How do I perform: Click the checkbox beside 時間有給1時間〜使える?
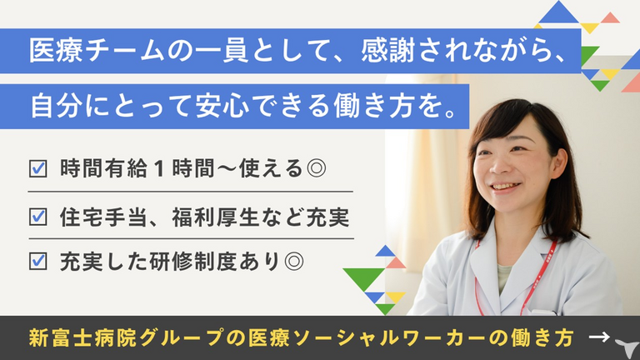(x=38, y=168)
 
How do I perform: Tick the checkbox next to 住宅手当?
(x=38, y=217)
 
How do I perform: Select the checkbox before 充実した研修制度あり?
(x=38, y=261)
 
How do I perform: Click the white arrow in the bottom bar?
(x=599, y=337)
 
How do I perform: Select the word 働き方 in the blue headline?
(x=374, y=106)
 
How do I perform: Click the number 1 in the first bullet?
(x=160, y=168)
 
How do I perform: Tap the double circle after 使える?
(x=316, y=168)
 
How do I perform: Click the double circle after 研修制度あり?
(x=294, y=261)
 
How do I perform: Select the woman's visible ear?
(x=558, y=162)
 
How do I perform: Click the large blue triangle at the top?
(x=559, y=12)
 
